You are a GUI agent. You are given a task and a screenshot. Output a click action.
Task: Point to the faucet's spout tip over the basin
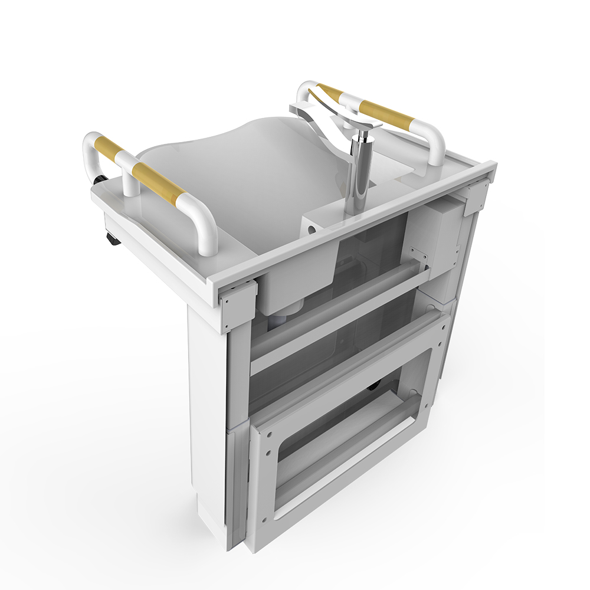tap(299, 109)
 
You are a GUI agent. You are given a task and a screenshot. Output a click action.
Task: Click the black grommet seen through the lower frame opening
tap(373, 387)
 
